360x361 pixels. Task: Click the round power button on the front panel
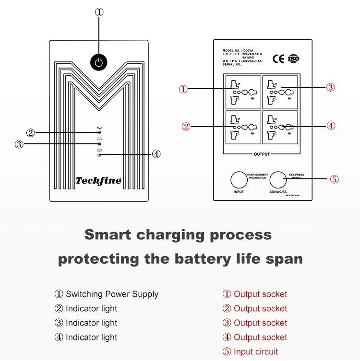(98, 62)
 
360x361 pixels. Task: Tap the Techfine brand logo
(98, 181)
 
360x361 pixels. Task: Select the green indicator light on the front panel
(99, 132)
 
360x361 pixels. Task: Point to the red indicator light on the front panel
(99, 143)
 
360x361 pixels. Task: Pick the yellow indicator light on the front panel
(99, 154)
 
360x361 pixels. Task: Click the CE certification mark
(278, 59)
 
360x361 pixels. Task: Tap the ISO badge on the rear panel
(293, 59)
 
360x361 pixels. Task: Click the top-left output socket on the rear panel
(242, 92)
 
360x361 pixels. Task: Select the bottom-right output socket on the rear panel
(280, 127)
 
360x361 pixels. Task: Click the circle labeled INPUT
(239, 180)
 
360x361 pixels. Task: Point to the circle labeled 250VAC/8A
(277, 180)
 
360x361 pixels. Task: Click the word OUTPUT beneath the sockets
(262, 154)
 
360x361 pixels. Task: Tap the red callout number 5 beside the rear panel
(335, 180)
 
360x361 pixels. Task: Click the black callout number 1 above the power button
(99, 12)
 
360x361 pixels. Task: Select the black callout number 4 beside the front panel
(156, 154)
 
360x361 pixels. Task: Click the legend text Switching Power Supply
(112, 294)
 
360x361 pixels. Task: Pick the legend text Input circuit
(256, 352)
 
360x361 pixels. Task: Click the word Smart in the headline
(108, 235)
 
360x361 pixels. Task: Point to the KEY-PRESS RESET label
(296, 176)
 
